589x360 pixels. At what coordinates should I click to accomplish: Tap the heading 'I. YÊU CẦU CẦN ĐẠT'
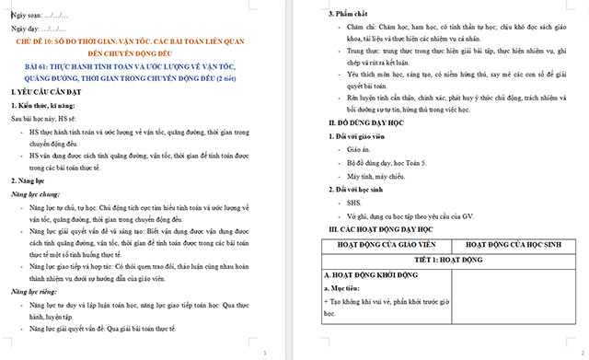point(52,94)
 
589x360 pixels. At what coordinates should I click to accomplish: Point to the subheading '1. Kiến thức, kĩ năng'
point(48,107)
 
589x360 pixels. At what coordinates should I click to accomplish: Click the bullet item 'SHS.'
point(356,202)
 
